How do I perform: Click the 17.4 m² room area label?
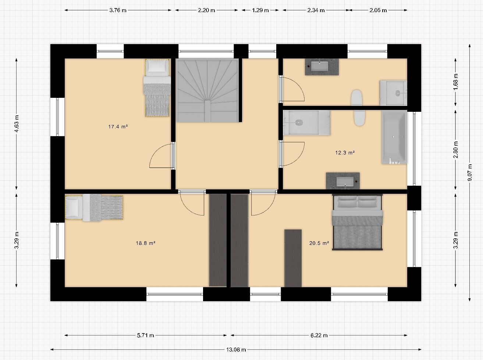coord(118,126)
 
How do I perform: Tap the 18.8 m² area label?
coord(146,243)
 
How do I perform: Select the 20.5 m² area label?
coord(319,243)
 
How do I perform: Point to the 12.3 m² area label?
coord(345,153)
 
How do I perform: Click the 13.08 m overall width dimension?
coord(236,349)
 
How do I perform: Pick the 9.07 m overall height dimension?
coord(470,172)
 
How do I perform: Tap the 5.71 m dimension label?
coord(145,335)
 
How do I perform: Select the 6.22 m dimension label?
coord(319,335)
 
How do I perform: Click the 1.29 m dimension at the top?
coord(260,10)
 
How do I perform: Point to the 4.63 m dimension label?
coord(16,124)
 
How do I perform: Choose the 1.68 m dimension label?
coord(455,82)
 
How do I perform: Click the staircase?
coord(208,90)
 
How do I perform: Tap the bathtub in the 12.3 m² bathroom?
coord(394,137)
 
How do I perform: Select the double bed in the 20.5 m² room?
coord(357,222)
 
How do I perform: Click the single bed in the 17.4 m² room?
coord(157,88)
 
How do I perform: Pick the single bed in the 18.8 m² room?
coord(94,207)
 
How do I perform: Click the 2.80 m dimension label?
coord(455,150)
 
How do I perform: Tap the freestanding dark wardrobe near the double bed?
coord(293,258)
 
